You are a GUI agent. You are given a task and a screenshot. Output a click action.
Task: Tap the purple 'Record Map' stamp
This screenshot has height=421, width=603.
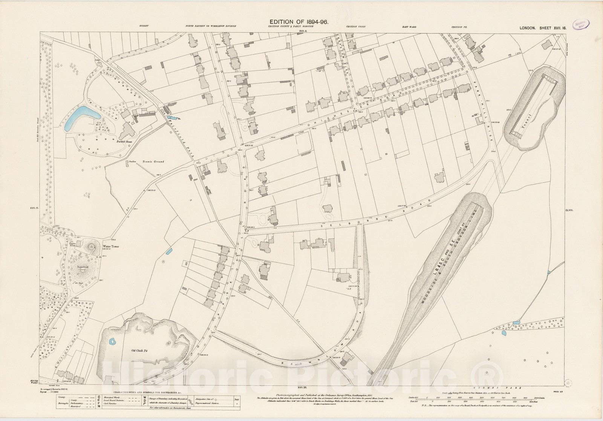pos(580,25)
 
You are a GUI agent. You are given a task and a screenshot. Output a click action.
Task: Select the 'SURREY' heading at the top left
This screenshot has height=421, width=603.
pos(144,27)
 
